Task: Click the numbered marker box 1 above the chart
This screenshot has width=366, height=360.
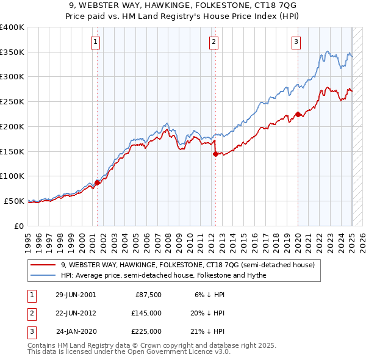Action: [x=96, y=42]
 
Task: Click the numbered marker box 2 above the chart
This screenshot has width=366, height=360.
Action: [x=214, y=42]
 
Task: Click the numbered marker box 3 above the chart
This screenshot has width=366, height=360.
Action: [x=296, y=42]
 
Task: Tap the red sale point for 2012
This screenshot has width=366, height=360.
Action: [x=215, y=154]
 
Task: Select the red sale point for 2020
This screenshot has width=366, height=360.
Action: [x=298, y=114]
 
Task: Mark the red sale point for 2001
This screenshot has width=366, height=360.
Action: [x=98, y=182]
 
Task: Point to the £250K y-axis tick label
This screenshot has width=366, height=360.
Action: [x=12, y=101]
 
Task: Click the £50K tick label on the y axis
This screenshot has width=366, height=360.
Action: [x=14, y=201]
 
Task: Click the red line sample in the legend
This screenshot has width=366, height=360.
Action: [x=43, y=265]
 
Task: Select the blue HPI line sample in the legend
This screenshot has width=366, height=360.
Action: [x=43, y=275]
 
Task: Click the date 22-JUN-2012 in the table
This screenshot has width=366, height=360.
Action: [x=76, y=313]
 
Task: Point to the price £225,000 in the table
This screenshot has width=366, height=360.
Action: [x=146, y=332]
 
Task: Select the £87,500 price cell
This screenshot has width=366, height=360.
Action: [x=146, y=294]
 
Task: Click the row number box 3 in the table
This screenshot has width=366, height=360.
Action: [x=31, y=332]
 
